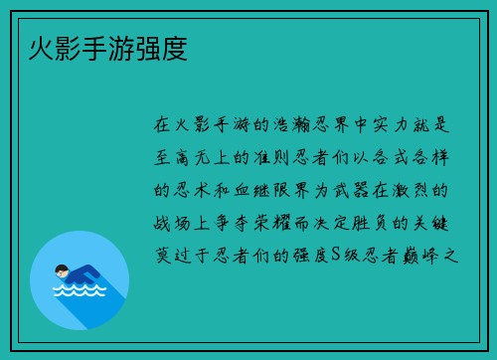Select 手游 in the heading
[x=107, y=48]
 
